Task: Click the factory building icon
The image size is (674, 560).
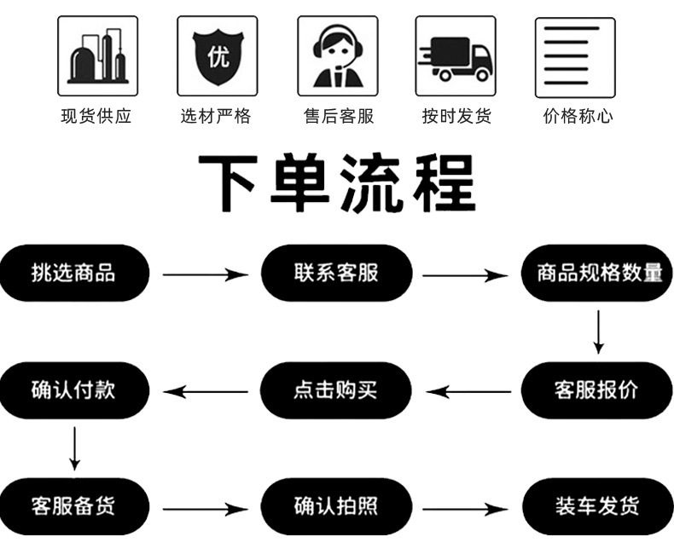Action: click(97, 56)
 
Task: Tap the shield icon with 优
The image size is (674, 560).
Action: click(217, 56)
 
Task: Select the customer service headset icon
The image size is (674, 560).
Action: click(337, 56)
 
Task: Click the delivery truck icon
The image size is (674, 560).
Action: click(456, 56)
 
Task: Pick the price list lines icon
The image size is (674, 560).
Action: click(575, 56)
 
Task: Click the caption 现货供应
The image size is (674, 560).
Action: click(97, 117)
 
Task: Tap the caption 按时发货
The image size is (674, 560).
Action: click(456, 117)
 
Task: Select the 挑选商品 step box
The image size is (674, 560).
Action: click(74, 273)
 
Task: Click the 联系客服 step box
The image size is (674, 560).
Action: click(336, 273)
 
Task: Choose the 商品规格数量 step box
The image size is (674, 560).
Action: click(598, 273)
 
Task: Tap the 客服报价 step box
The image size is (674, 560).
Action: click(598, 390)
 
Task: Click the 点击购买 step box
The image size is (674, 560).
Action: click(336, 390)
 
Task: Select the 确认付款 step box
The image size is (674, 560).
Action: click(74, 390)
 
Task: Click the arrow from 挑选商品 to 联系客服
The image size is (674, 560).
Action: click(205, 274)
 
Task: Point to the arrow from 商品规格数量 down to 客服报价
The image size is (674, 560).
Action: click(599, 332)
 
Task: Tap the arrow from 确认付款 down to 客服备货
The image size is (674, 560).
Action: click(75, 448)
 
